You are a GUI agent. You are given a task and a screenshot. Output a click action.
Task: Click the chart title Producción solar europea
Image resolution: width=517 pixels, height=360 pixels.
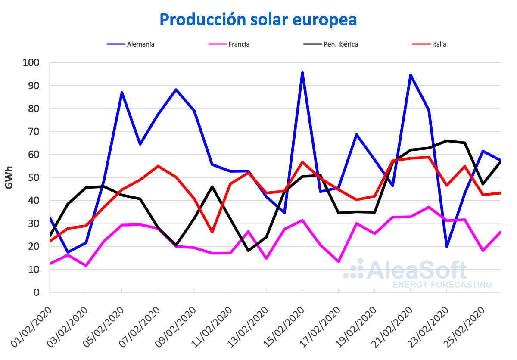[x=258, y=20]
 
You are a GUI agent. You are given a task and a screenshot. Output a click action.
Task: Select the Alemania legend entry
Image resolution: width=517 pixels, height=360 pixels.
[x=140, y=44]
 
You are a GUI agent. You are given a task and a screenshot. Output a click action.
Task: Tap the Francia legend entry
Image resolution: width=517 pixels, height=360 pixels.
[x=239, y=44]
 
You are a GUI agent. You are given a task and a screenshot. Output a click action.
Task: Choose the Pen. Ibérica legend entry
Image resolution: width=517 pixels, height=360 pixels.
[x=340, y=44]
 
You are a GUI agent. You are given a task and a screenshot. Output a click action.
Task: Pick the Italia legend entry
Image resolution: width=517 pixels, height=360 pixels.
[x=439, y=44]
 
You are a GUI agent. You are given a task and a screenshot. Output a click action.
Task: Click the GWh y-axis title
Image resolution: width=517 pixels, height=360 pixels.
[x=9, y=177]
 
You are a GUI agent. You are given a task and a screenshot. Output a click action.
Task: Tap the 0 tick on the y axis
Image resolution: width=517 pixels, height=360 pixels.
[x=36, y=292]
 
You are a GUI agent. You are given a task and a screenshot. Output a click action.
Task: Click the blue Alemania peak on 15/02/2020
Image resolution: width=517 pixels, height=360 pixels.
[x=302, y=73]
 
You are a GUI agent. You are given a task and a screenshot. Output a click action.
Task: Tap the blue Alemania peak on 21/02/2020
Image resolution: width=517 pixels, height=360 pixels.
[x=411, y=75]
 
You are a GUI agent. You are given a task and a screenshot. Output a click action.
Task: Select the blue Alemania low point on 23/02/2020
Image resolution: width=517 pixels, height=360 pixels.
[x=446, y=246]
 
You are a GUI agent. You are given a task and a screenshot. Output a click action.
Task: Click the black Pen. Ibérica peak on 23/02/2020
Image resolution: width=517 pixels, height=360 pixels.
[x=446, y=141]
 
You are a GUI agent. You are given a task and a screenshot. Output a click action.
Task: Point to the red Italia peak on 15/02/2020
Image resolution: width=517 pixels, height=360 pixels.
[x=302, y=162]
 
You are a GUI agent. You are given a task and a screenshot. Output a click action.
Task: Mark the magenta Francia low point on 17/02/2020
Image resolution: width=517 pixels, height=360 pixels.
[x=339, y=261]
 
